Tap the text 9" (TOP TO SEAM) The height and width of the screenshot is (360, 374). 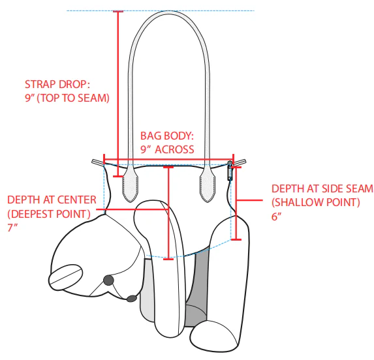(x=67, y=98)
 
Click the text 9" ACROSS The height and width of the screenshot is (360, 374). (x=167, y=149)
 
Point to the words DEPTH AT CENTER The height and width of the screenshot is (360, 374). (x=52, y=200)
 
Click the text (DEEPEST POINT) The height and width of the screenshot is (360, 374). (x=49, y=214)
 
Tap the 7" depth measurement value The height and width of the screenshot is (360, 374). (x=12, y=228)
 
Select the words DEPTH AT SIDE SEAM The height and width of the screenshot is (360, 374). (x=322, y=188)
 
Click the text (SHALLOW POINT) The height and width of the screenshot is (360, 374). (x=316, y=203)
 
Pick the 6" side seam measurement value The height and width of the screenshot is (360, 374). (x=277, y=217)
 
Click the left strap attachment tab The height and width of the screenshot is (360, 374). (x=131, y=183)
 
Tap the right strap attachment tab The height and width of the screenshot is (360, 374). (x=208, y=183)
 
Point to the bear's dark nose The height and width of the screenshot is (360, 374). (x=132, y=298)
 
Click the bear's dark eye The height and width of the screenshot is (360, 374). (x=108, y=280)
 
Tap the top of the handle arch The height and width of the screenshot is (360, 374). (x=169, y=12)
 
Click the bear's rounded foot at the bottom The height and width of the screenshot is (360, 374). (x=214, y=336)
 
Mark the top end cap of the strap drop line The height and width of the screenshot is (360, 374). (x=118, y=11)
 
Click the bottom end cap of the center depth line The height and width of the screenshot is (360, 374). (x=168, y=259)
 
